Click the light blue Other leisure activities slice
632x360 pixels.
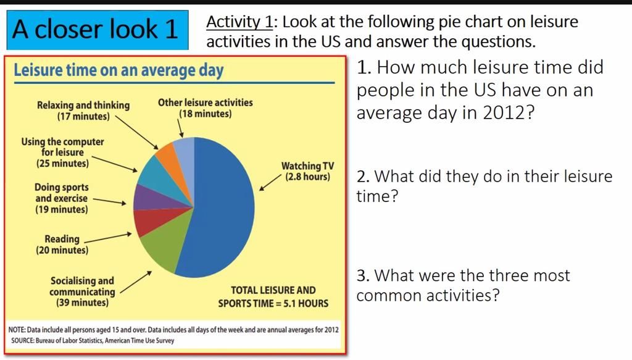click(x=185, y=151)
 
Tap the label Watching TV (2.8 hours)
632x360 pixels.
click(x=307, y=171)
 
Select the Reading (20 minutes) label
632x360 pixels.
click(x=62, y=245)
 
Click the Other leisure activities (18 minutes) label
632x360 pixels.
click(x=205, y=108)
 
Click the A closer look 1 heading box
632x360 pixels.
click(x=96, y=29)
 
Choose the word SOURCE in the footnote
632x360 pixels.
click(x=25, y=340)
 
